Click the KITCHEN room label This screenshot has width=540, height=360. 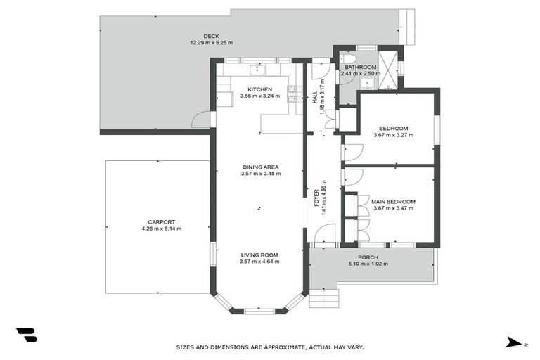(259, 89)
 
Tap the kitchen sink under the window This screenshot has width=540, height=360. (258, 69)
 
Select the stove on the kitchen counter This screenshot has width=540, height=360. (295, 90)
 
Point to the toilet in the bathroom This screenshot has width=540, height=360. (345, 59)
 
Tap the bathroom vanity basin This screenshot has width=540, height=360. (366, 83)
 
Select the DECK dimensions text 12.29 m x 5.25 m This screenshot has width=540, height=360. (212, 42)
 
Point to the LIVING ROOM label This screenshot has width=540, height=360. (259, 255)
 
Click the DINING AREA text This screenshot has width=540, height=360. (260, 167)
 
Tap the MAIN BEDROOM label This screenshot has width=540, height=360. (393, 201)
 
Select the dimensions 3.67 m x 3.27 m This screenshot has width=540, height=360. (393, 135)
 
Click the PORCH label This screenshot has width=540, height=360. (368, 257)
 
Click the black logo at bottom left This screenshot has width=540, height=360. (26, 335)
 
